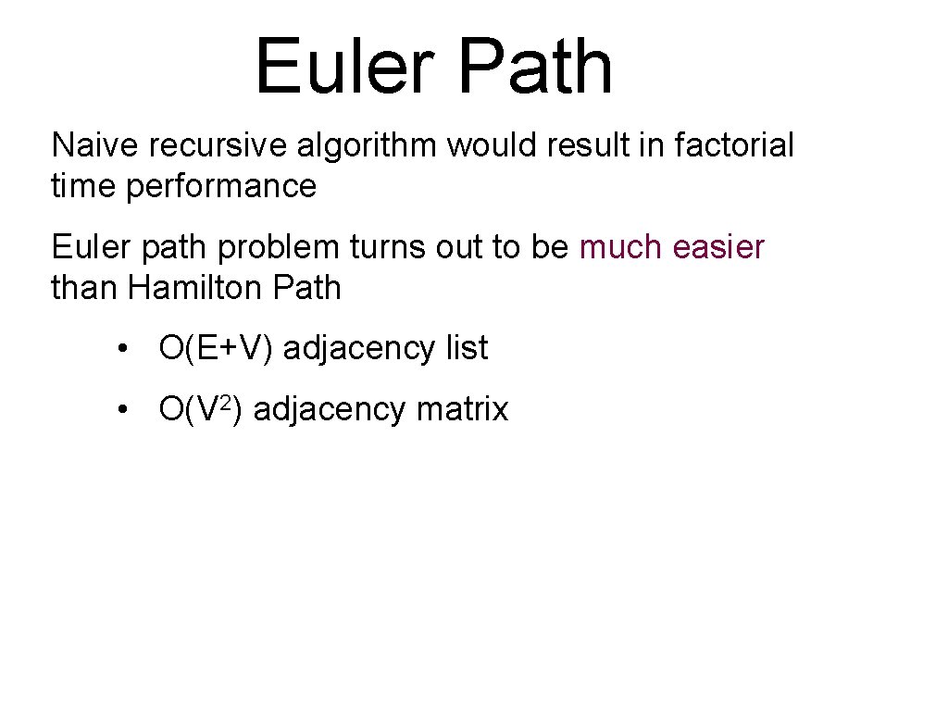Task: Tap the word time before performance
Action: coord(83,186)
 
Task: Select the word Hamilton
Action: coord(196,288)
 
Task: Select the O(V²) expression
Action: coord(201,408)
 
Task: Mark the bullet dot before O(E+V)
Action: coord(122,350)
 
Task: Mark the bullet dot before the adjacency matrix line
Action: coord(122,410)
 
